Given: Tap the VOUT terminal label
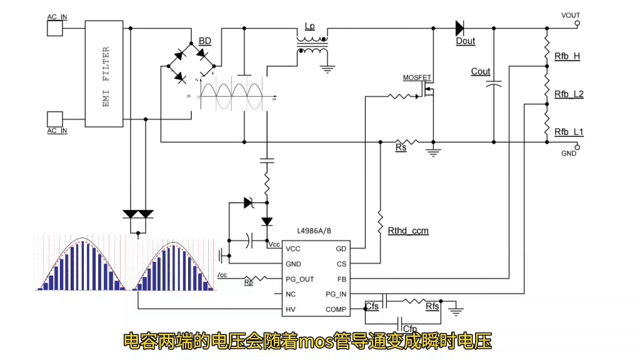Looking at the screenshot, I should (571, 15).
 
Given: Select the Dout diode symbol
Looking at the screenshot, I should (460, 28).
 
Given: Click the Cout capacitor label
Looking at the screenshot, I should (481, 72).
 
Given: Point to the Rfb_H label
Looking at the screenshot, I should (567, 56).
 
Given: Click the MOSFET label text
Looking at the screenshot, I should (417, 78).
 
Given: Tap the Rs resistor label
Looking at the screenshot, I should (401, 148).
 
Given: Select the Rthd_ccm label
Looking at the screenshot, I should (408, 231).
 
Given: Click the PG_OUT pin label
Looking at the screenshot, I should (299, 279).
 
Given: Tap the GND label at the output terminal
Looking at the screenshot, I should (569, 154).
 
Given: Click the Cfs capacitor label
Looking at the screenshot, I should (372, 307).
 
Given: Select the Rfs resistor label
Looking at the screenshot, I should (432, 307).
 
